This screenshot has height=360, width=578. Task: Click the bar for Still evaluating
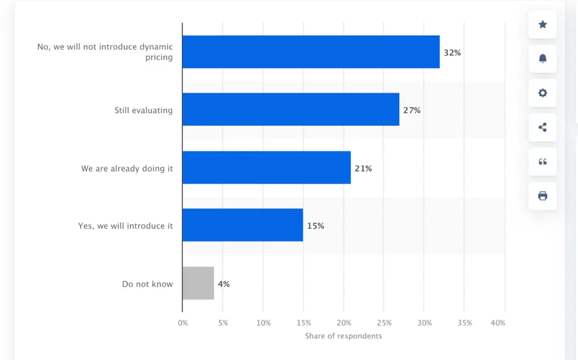(290, 109)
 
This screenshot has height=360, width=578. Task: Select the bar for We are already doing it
(266, 167)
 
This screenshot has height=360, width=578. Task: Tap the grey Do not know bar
(198, 283)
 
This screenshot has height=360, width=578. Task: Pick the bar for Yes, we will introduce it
(243, 225)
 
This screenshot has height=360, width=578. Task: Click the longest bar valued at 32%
(311, 52)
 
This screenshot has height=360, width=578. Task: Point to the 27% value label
(412, 110)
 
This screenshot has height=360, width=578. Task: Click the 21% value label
(363, 169)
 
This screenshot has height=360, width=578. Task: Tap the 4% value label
(224, 284)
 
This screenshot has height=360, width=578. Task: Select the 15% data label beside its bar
(315, 226)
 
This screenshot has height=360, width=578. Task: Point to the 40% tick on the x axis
(498, 323)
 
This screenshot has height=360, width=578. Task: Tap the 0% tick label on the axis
(183, 323)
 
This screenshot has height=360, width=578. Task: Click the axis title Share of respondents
(343, 336)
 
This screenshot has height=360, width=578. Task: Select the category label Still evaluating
(144, 110)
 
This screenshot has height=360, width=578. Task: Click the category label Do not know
(147, 284)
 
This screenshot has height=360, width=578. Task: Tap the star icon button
(542, 24)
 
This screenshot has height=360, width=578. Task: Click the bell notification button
(542, 59)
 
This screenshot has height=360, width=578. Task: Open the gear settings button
(542, 93)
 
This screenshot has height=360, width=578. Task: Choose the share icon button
(542, 127)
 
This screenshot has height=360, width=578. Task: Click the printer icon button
(542, 196)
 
